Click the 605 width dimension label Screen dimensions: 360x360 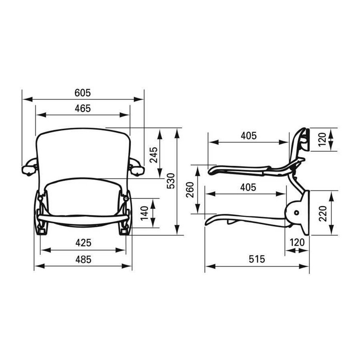click(83, 93)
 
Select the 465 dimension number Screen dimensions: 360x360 click(83, 108)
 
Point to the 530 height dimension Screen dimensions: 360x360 click(171, 181)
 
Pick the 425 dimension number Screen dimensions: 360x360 click(84, 243)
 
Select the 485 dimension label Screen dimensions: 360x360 click(83, 259)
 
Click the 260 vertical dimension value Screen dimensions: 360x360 click(190, 190)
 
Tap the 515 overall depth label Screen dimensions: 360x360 click(257, 259)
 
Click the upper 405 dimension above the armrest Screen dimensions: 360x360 click(248, 136)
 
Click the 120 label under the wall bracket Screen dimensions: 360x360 click(297, 243)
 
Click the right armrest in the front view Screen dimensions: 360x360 click(136, 168)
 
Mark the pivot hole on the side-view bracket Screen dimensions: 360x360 click(296, 212)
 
